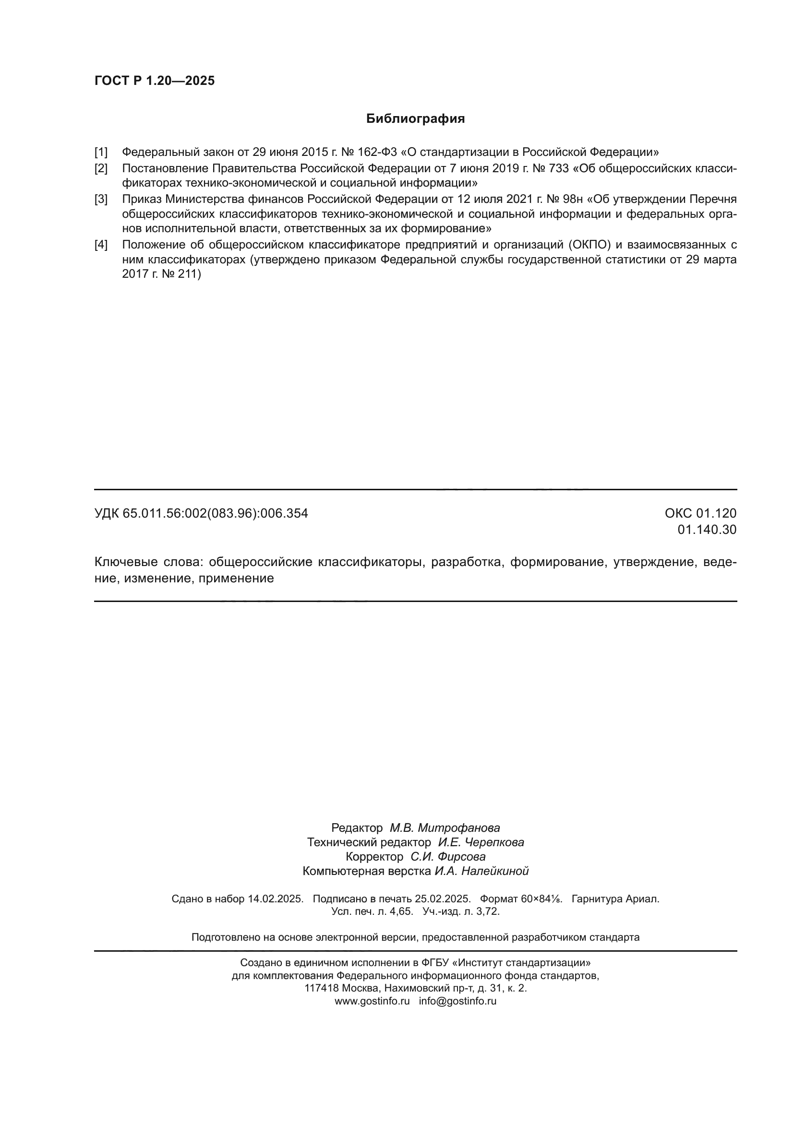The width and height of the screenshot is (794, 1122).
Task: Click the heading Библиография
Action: [x=415, y=119]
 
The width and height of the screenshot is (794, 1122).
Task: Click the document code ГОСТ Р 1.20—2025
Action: [x=155, y=81]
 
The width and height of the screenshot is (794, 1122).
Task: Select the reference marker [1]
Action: [x=101, y=152]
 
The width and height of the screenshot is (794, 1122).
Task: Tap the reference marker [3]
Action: [x=101, y=200]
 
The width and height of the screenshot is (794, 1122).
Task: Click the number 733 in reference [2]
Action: [x=559, y=168]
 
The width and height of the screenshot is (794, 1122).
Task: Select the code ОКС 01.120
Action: [x=700, y=514]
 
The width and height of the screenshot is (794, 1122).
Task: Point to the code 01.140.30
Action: [x=707, y=530]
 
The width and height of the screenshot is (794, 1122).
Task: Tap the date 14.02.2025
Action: [x=275, y=899]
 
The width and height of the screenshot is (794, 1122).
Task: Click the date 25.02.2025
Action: [x=443, y=899]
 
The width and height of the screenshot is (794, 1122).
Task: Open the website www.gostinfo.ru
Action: [x=372, y=1001]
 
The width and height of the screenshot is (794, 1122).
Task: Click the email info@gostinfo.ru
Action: [x=457, y=1001]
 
